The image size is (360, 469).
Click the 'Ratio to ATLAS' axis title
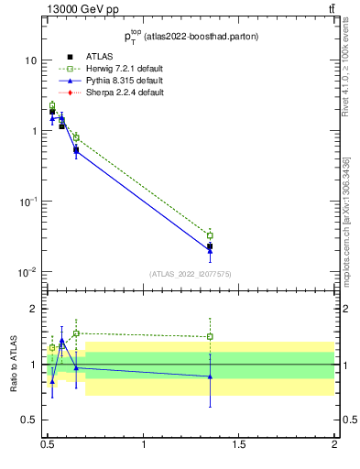point(14,365)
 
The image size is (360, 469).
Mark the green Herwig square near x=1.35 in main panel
point(210,235)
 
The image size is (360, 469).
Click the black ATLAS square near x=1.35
point(210,246)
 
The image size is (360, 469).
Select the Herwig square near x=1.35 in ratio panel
point(210,336)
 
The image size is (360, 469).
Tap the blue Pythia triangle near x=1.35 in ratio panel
point(210,376)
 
